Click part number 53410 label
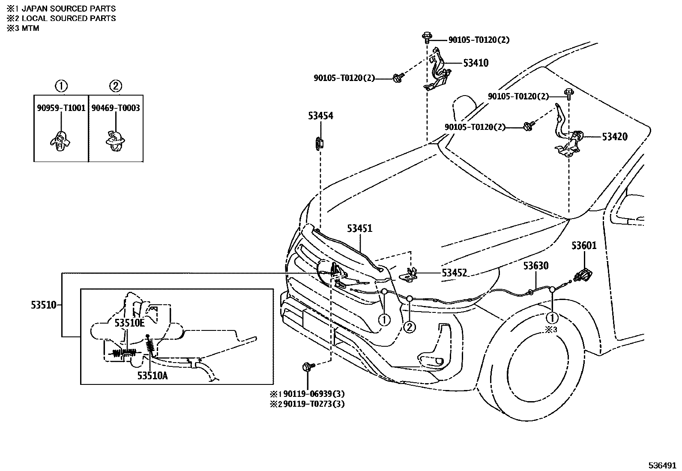(x=476, y=63)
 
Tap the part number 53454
(x=320, y=116)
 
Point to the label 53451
(x=359, y=228)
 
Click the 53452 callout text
(x=454, y=273)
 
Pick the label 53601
(x=583, y=246)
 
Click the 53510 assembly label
(x=43, y=305)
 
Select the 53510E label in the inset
(x=129, y=323)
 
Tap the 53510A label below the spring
(x=152, y=376)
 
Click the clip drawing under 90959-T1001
(x=60, y=141)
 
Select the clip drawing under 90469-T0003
(x=114, y=141)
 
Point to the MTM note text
(x=30, y=28)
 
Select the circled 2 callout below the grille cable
(x=409, y=327)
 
